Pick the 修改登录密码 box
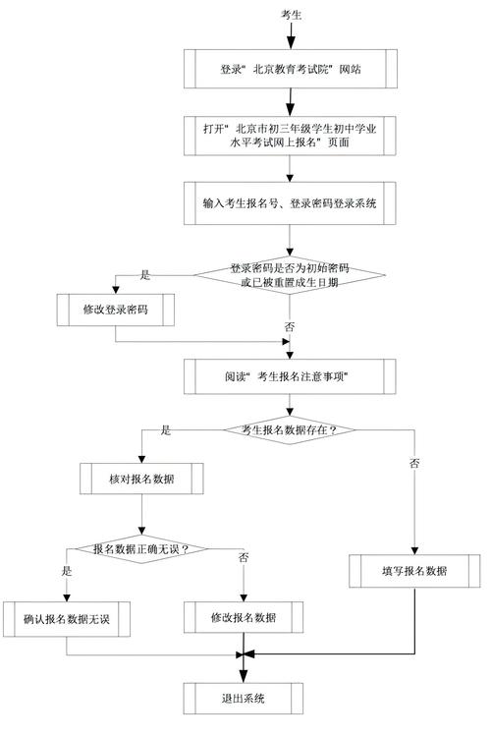[x=116, y=309]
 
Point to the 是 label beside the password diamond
[x=145, y=275]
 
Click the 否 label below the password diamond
[x=289, y=325]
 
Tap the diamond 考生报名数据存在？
[x=289, y=428]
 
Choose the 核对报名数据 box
[x=141, y=479]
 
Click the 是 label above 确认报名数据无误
[x=67, y=570]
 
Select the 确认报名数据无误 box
[x=67, y=618]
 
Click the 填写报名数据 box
[x=414, y=571]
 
